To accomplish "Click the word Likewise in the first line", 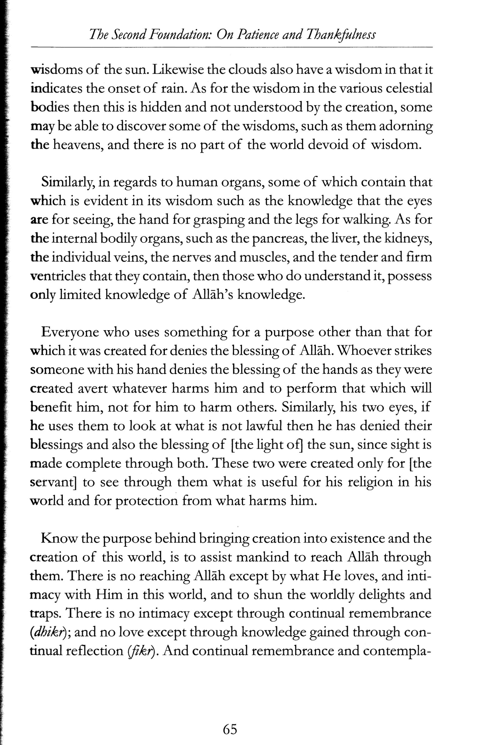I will click(x=178, y=69).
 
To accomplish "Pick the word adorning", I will click(x=404, y=127).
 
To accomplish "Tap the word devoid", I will click(x=324, y=145).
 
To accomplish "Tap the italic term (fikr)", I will click(x=141, y=652).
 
